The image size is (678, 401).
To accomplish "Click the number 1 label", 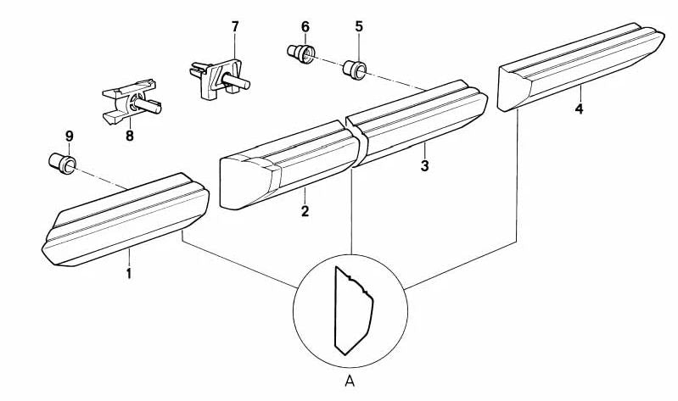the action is click(128, 273).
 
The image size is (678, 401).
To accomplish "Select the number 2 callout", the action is click(305, 212).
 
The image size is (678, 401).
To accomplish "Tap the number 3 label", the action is click(424, 165).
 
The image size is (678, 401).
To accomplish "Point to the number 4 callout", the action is click(579, 109).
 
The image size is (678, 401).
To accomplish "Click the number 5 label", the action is click(359, 27).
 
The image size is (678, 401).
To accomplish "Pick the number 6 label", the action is click(305, 27).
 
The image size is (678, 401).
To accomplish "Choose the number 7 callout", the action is click(235, 27).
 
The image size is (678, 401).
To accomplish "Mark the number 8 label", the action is click(130, 136).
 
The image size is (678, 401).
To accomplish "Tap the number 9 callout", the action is click(70, 136).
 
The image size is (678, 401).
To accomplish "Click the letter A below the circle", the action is click(350, 382).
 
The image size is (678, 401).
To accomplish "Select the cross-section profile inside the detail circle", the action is click(353, 310).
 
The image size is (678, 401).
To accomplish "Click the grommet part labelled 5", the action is click(355, 70).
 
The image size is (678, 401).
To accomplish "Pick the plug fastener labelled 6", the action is click(301, 53).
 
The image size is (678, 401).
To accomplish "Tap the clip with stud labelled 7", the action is click(218, 78).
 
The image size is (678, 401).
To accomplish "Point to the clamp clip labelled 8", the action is click(131, 102).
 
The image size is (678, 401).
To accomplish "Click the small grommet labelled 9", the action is click(62, 164).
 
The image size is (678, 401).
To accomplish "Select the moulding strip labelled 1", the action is click(126, 220).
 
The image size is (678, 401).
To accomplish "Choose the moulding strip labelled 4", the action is click(580, 66).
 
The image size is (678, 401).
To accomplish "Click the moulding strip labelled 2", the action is click(290, 165).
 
